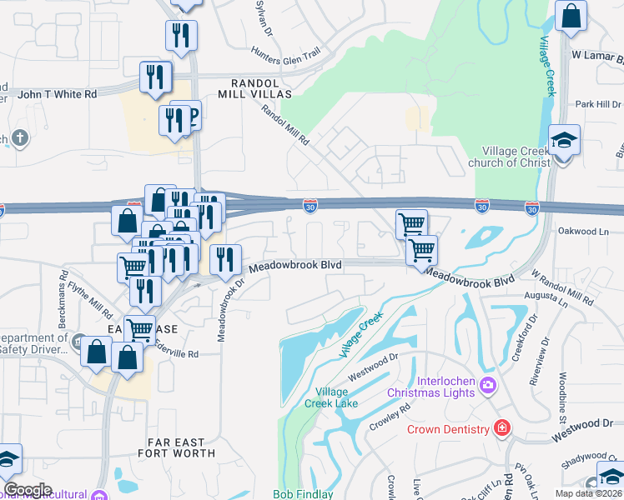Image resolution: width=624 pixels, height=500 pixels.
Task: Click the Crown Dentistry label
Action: point(448,429)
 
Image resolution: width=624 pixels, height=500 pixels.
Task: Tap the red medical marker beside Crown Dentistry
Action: point(501,429)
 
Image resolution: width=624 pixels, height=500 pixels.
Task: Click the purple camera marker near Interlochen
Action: point(487,386)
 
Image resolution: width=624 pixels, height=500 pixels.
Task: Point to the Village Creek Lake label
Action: point(337,397)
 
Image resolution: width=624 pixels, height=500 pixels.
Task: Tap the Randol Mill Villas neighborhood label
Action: point(264,87)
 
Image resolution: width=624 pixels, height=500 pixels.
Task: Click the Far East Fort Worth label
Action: point(181,447)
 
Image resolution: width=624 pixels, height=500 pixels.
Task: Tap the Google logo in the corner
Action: point(28,490)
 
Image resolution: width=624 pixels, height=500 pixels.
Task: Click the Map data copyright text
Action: point(588,493)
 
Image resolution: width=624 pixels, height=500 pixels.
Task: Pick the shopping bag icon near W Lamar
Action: point(571,16)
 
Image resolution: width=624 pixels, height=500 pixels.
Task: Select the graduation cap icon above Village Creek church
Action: point(564,140)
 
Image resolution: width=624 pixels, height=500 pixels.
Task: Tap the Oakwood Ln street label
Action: point(590,231)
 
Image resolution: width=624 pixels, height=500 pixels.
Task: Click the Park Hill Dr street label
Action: point(593,104)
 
